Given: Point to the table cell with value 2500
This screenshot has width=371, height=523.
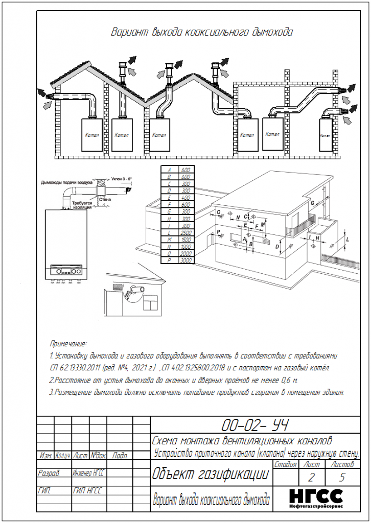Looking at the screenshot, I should [x=186, y=232].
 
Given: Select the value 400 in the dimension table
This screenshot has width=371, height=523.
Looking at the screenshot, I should [x=186, y=197].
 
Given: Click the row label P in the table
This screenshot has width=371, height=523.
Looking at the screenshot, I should [x=169, y=260].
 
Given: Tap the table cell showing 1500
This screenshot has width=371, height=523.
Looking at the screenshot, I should [x=186, y=239].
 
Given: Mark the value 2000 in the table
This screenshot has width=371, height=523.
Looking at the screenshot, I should [x=186, y=253].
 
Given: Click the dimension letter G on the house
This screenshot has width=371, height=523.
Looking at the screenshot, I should [x=312, y=203].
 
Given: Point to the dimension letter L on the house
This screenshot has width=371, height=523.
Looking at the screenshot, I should [x=347, y=239].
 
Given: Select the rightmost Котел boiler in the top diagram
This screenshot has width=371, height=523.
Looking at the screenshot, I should [x=325, y=136].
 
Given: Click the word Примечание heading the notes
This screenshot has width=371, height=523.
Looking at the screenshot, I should [x=68, y=344].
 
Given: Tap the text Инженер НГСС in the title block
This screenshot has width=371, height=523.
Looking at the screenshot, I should [x=88, y=473].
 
